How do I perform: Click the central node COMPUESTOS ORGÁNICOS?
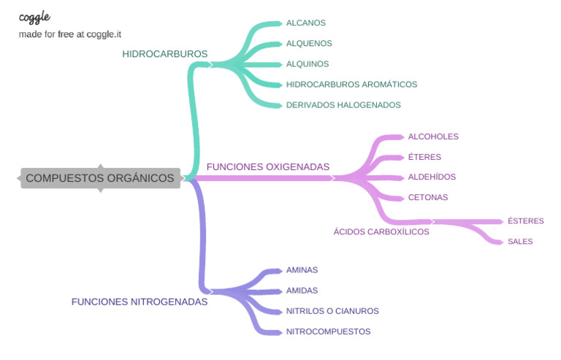pyautogui.click(x=100, y=177)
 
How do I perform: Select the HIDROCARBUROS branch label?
pyautogui.click(x=165, y=54)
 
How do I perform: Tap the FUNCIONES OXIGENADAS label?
pyautogui.click(x=268, y=167)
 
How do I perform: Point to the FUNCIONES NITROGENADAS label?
pyautogui.click(x=140, y=302)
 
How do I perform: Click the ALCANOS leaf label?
pyautogui.click(x=306, y=23)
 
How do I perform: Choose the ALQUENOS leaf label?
pyautogui.click(x=309, y=44)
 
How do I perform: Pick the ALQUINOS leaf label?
pyautogui.click(x=308, y=64)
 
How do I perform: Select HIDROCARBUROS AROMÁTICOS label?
pyautogui.click(x=351, y=85)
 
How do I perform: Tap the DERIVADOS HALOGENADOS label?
pyautogui.click(x=343, y=105)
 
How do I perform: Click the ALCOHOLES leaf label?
pyautogui.click(x=433, y=137)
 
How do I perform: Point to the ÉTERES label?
pyautogui.click(x=424, y=157)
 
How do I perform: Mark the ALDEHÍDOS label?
pyautogui.click(x=432, y=177)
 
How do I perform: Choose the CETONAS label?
pyautogui.click(x=428, y=198)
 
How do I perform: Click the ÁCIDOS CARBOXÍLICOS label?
pyautogui.click(x=381, y=231)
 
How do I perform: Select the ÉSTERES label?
pyautogui.click(x=526, y=221)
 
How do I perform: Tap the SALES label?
pyautogui.click(x=520, y=242)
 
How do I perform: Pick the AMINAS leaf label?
pyautogui.click(x=302, y=270)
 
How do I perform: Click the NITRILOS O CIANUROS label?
pyautogui.click(x=332, y=311)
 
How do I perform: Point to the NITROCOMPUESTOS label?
pyautogui.click(x=328, y=332)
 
